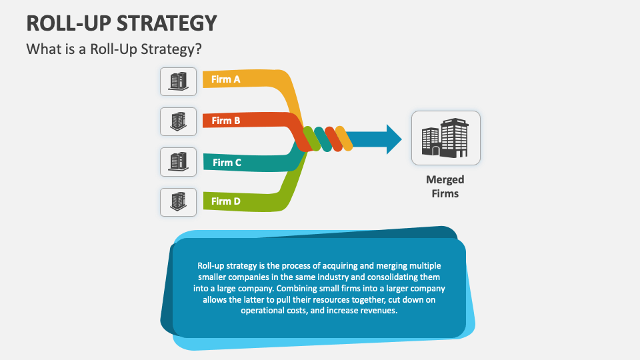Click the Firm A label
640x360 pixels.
225,79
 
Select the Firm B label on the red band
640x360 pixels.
226,121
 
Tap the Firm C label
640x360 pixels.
227,162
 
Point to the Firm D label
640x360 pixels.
226,201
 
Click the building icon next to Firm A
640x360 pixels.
178,81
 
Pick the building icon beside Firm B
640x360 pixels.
178,121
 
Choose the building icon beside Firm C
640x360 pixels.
178,161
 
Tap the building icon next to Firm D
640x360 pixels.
178,201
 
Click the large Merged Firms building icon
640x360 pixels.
445,138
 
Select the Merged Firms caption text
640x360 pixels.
445,187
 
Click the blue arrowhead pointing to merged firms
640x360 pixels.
393,139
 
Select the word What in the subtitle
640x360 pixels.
41,49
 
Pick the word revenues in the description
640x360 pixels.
377,311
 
